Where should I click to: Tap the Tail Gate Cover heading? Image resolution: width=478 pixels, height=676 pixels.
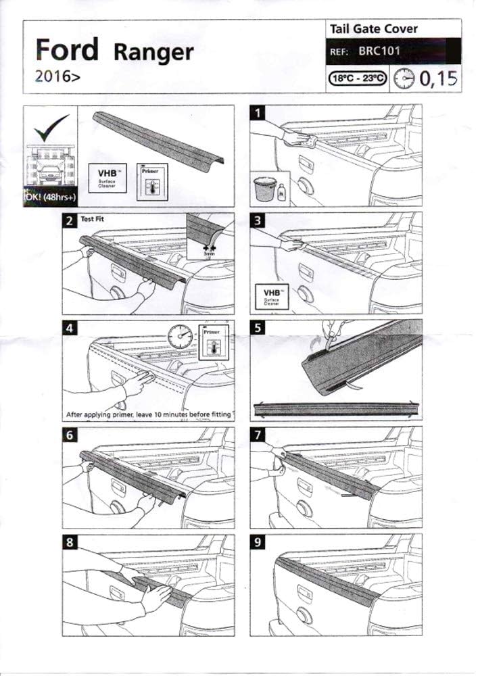coord(373,29)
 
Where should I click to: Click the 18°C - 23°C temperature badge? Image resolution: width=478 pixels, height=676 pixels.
coord(358,78)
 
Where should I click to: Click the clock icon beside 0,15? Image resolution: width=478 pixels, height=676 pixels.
coord(404,78)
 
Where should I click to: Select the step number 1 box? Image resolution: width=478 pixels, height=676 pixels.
coord(257,112)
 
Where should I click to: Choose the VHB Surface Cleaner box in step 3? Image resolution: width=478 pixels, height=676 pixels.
coord(268,295)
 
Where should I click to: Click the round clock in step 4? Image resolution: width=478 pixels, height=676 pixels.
coord(179,336)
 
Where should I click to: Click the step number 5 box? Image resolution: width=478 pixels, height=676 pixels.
coord(257,327)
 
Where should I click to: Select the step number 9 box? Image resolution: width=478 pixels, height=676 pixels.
coord(257,541)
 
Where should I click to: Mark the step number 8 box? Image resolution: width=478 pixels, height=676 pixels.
coord(69,541)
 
